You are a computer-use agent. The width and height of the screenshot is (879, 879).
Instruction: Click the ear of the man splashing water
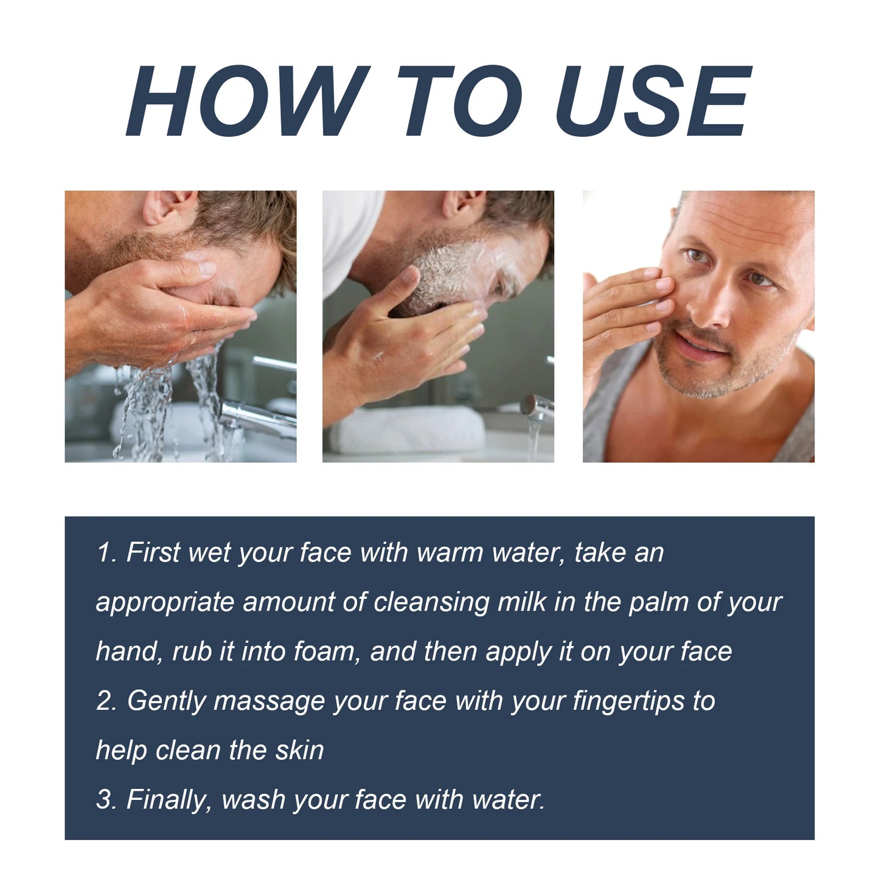tap(163, 207)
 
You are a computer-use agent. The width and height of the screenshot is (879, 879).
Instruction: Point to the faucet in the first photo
tap(255, 414)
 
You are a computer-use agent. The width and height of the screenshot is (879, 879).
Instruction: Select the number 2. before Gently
tap(106, 701)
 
